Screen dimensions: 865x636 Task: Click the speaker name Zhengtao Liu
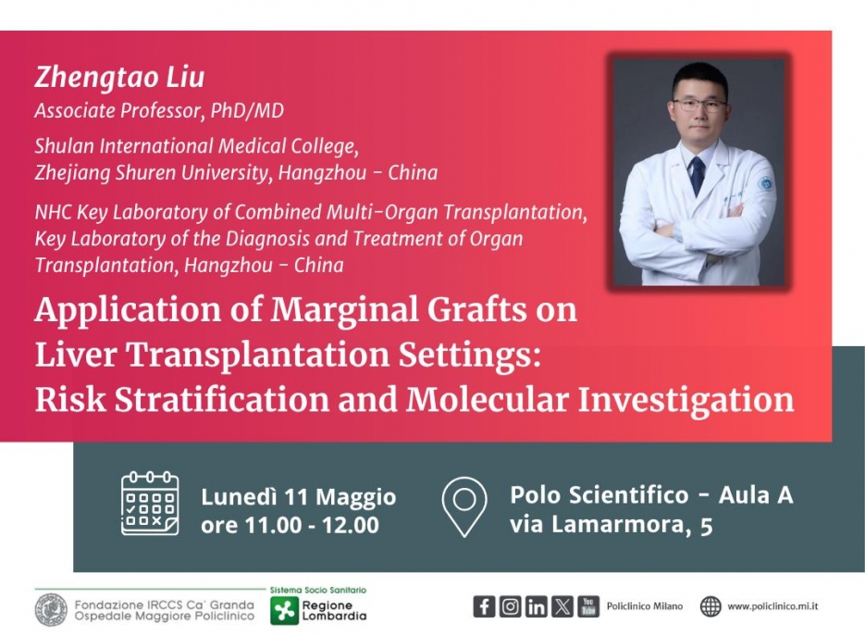tap(119, 77)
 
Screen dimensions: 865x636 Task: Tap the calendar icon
tap(150, 504)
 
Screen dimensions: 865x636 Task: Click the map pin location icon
tap(463, 506)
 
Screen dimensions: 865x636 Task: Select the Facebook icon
tap(484, 606)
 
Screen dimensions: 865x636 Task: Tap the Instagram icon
tap(511, 606)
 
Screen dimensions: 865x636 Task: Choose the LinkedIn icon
tap(537, 606)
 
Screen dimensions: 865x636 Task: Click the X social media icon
tap(562, 606)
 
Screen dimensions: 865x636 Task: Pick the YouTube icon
tap(588, 606)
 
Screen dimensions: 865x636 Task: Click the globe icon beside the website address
tap(711, 606)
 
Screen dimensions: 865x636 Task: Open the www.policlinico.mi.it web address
tap(772, 606)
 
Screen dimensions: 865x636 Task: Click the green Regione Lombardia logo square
tap(284, 611)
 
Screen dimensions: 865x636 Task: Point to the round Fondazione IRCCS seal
tap(51, 610)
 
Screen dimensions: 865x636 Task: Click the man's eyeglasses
tap(699, 105)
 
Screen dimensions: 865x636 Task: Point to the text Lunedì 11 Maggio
tap(299, 497)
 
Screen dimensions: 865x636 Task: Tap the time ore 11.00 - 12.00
tap(290, 525)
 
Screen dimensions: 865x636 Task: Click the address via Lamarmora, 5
tap(612, 525)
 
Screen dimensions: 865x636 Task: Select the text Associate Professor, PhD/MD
tap(159, 111)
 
